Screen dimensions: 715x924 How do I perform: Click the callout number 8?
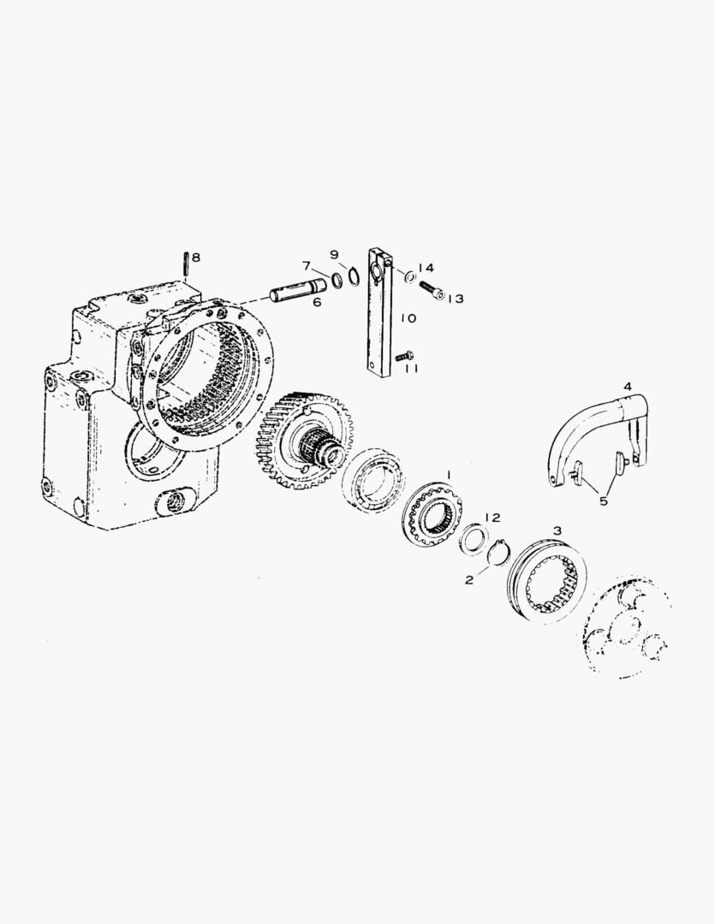coord(196,258)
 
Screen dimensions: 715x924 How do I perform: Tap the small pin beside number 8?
coord(186,264)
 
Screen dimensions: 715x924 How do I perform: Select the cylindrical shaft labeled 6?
coord(299,289)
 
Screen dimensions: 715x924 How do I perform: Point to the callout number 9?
coord(335,255)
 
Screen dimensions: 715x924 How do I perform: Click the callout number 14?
coord(426,268)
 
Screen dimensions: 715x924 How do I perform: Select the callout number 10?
coord(408,318)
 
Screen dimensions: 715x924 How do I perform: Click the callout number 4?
coord(628,387)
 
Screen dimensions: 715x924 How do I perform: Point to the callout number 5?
coord(603,501)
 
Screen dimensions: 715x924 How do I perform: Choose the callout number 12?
coord(492,518)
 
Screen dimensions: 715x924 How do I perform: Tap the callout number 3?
coord(557,530)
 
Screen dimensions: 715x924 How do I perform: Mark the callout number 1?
coord(449,474)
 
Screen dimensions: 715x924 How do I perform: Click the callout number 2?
coord(469,580)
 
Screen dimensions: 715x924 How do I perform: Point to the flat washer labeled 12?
coord(474,537)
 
